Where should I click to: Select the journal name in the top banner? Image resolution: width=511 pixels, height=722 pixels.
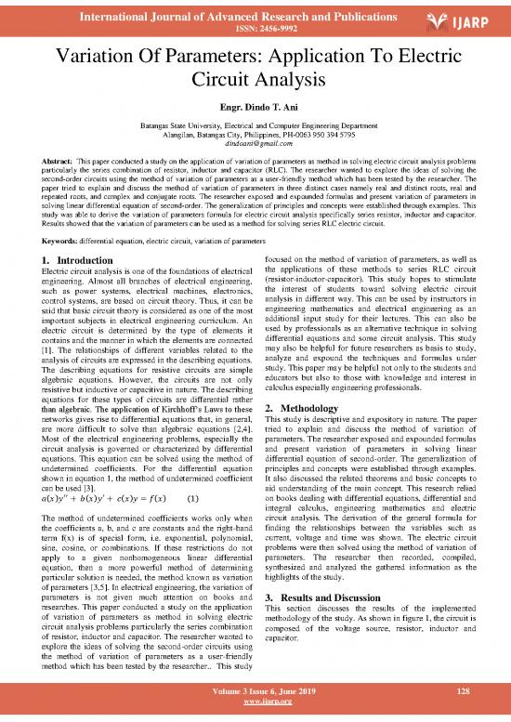coord(243,12)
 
